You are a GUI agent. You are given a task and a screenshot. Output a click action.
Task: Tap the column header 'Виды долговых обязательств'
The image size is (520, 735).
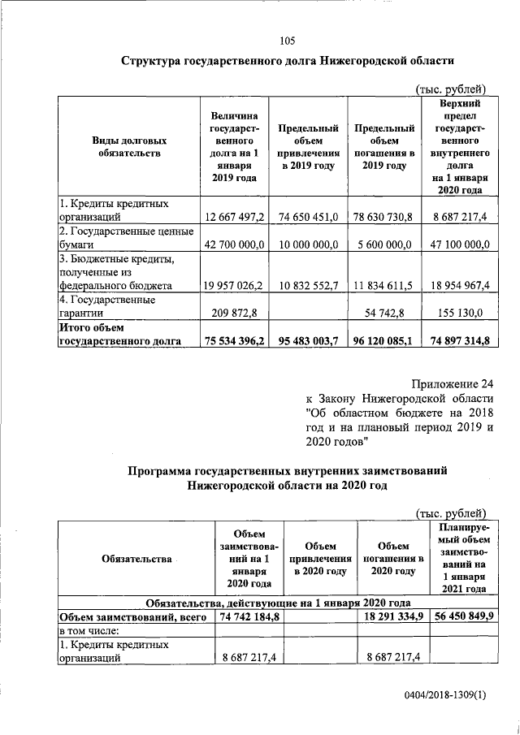coord(128,146)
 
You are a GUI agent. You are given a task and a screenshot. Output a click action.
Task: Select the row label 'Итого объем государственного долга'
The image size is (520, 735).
coord(125,335)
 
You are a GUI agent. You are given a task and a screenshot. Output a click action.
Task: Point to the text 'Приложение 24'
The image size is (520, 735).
coord(452,384)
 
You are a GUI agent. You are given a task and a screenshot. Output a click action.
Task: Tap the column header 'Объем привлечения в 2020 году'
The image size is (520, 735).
coord(306,560)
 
